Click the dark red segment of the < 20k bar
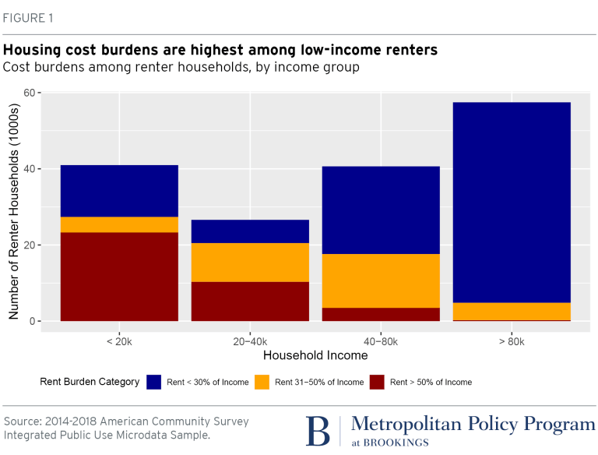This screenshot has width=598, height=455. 119,277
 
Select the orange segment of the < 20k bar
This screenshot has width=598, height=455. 119,224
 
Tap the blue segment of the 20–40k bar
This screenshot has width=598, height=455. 250,231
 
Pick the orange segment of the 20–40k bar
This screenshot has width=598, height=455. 250,263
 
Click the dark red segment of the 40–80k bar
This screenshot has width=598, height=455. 381,314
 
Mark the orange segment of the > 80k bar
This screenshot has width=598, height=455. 512,311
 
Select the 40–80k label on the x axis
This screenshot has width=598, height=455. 381,342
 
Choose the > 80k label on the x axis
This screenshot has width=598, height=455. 512,342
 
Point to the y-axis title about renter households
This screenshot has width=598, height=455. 13,209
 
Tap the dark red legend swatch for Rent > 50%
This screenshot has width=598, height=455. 377,382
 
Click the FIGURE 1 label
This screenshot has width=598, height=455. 30,17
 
